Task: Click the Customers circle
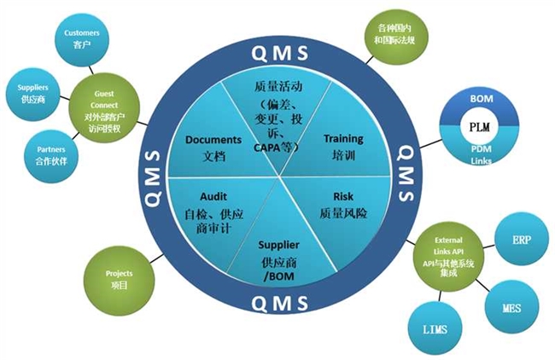click(x=83, y=38)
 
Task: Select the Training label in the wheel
click(x=342, y=138)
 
